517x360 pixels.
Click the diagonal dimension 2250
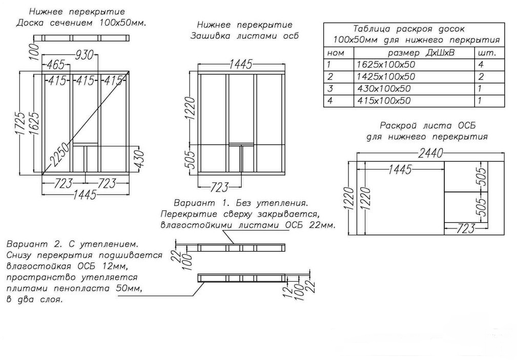pos(58,156)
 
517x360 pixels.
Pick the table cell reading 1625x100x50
pos(385,65)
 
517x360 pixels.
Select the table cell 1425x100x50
pos(385,77)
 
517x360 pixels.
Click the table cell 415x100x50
pos(383,101)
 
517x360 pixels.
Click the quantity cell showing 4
pos(481,65)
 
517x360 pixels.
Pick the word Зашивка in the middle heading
pos(210,36)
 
